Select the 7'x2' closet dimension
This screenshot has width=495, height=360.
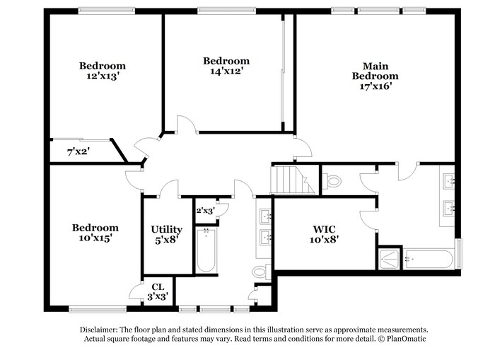pos(78,151)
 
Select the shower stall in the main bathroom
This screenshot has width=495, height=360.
pos(389,258)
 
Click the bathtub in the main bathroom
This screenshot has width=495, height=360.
pos(429,259)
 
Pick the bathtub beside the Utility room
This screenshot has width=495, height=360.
pos(206,250)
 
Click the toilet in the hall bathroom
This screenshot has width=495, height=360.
pos(260,271)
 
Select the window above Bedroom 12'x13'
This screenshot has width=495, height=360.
pos(106,11)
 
